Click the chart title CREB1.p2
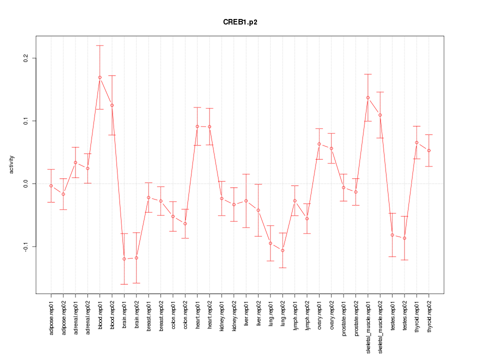(x=240, y=22)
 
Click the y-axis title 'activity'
(x=12, y=165)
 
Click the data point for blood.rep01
(x=100, y=77)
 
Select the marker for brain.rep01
(x=124, y=259)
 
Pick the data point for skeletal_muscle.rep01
(x=368, y=97)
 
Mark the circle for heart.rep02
(x=209, y=127)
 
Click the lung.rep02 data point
(x=283, y=250)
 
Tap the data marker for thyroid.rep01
(x=416, y=142)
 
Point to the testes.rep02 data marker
(x=404, y=238)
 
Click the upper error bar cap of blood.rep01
(x=100, y=45)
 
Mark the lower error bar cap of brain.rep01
(x=124, y=284)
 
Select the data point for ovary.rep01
(x=319, y=144)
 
